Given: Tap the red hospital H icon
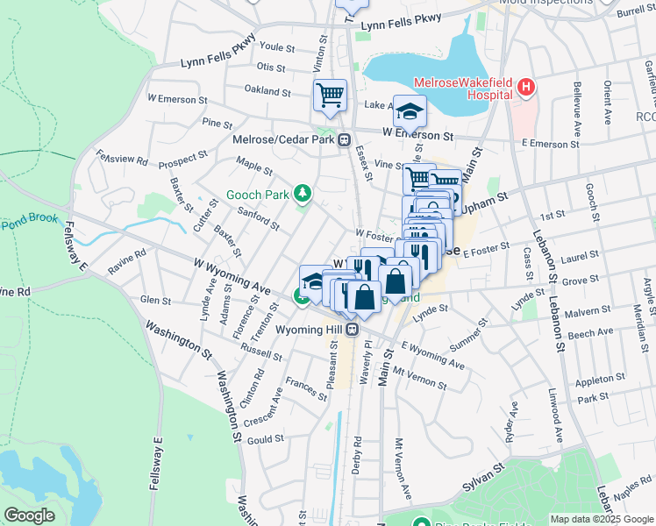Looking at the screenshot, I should [525, 87].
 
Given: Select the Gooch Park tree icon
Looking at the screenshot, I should [303, 192].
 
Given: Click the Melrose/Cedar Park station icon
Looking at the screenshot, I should [346, 139].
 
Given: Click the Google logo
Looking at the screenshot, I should [29, 515].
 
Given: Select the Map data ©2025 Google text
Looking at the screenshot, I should [601, 519].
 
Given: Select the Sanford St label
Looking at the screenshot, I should [258, 219].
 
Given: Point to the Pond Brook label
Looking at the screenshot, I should [30, 219].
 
